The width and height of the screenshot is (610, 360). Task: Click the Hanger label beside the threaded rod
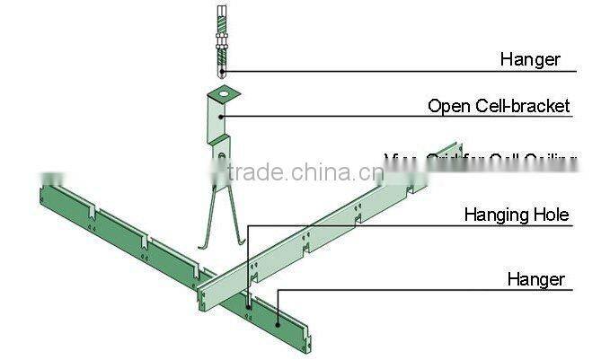click(x=530, y=60)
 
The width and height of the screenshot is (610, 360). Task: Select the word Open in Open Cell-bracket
click(x=446, y=106)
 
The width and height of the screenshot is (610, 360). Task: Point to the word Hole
click(x=552, y=215)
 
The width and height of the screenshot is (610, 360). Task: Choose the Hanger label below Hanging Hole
click(x=535, y=279)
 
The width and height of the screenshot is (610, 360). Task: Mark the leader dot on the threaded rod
click(x=223, y=70)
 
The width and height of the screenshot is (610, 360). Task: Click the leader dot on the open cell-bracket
click(x=223, y=115)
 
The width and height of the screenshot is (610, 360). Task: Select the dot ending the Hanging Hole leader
click(x=248, y=305)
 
